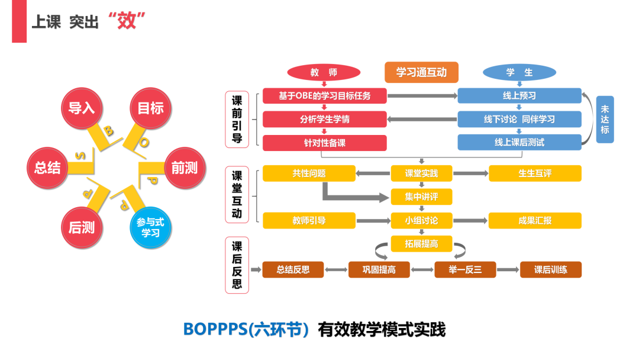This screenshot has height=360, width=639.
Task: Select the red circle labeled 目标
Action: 150,108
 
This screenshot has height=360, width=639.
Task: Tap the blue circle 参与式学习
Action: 150,227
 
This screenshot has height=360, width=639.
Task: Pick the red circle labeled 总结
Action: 48,168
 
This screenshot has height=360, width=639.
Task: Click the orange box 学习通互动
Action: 421,72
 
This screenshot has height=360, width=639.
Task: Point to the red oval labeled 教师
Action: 324,72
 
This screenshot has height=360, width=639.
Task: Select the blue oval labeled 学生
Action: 519,72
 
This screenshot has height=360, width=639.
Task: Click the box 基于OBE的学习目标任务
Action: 324,95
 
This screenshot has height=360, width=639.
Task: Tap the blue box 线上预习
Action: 519,95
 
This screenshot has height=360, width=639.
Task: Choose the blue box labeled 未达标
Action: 605,119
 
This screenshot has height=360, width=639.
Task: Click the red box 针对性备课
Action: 324,143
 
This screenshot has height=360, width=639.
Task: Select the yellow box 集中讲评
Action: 421,197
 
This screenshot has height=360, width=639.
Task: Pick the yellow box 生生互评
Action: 535,173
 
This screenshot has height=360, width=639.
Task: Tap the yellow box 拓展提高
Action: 421,243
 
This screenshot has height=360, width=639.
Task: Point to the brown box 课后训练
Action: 550,270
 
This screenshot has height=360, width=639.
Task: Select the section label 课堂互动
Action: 237,195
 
